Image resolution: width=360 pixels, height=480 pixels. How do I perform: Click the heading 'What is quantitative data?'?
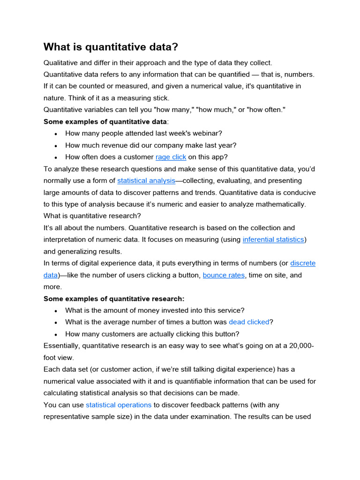click(111, 47)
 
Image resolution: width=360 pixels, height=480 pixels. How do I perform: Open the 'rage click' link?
click(171, 157)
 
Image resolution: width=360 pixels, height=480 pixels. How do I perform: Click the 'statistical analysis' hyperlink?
click(146, 180)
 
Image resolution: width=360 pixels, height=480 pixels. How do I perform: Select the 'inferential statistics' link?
click(274, 240)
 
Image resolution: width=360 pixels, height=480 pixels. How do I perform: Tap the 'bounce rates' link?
click(224, 275)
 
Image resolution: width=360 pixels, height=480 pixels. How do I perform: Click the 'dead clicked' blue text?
click(249, 322)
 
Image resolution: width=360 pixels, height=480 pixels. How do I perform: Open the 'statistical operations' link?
click(119, 405)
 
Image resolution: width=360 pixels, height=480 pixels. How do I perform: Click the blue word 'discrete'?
click(303, 263)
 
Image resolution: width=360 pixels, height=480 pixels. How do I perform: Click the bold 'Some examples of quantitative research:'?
click(114, 299)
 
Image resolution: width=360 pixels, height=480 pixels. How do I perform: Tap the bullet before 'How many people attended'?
click(55, 134)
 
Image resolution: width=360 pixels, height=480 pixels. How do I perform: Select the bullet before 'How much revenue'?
click(55, 145)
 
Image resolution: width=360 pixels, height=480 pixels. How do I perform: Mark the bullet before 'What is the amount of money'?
click(55, 311)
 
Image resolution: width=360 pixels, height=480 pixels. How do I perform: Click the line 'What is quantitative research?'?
click(92, 216)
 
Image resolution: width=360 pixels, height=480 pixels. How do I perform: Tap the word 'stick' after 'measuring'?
click(159, 98)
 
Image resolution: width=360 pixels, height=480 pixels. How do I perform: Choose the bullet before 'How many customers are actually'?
click(55, 334)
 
